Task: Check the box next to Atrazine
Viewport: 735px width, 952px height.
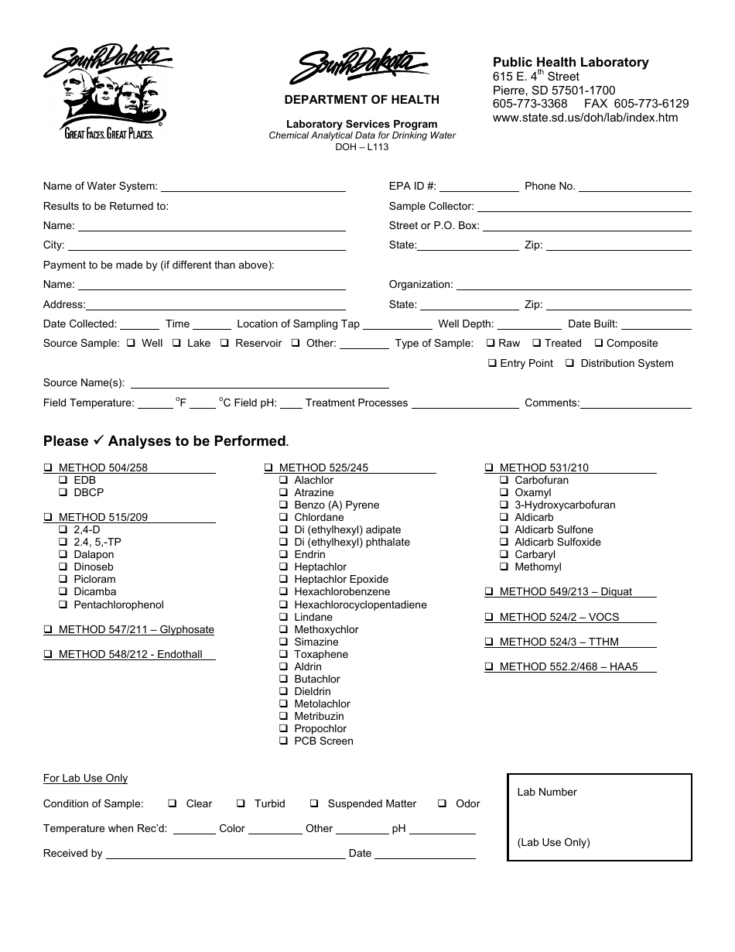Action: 284,493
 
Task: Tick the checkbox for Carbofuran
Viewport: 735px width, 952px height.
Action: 504,481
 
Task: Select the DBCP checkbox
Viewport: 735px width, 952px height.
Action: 63,493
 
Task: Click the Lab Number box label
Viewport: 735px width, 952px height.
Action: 547,792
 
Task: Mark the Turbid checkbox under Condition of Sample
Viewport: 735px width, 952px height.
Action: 241,804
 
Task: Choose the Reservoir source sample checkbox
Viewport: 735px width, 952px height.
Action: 224,344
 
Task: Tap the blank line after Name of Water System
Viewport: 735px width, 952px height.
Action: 253,187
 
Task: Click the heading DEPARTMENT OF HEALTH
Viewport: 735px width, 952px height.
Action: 361,100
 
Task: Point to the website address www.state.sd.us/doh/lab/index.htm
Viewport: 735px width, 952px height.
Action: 585,118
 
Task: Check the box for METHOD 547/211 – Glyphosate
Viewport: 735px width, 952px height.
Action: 48,630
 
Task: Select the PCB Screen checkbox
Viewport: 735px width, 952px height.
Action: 284,741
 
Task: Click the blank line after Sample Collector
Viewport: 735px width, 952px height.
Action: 584,207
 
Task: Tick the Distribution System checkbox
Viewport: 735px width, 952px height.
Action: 569,364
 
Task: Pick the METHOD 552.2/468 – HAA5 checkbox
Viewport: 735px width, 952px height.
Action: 489,667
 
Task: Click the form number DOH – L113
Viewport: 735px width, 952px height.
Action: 361,146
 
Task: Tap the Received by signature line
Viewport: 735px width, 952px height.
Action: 225,854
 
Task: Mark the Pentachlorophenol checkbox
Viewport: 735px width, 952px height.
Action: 63,605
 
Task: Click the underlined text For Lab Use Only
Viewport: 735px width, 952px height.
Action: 85,779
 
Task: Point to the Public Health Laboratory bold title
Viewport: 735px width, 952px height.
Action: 570,63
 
